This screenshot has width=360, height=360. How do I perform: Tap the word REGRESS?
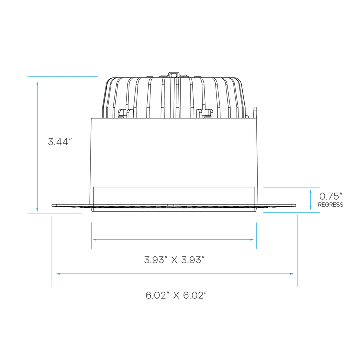tap(330, 205)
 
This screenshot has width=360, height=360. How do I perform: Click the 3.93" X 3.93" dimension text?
tap(175, 259)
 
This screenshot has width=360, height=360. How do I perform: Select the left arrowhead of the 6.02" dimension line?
tap(59, 274)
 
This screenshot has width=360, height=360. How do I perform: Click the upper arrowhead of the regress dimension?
tap(311, 191)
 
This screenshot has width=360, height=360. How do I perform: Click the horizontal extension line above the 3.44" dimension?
tap(62, 76)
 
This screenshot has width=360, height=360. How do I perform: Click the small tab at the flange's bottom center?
tap(173, 205)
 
